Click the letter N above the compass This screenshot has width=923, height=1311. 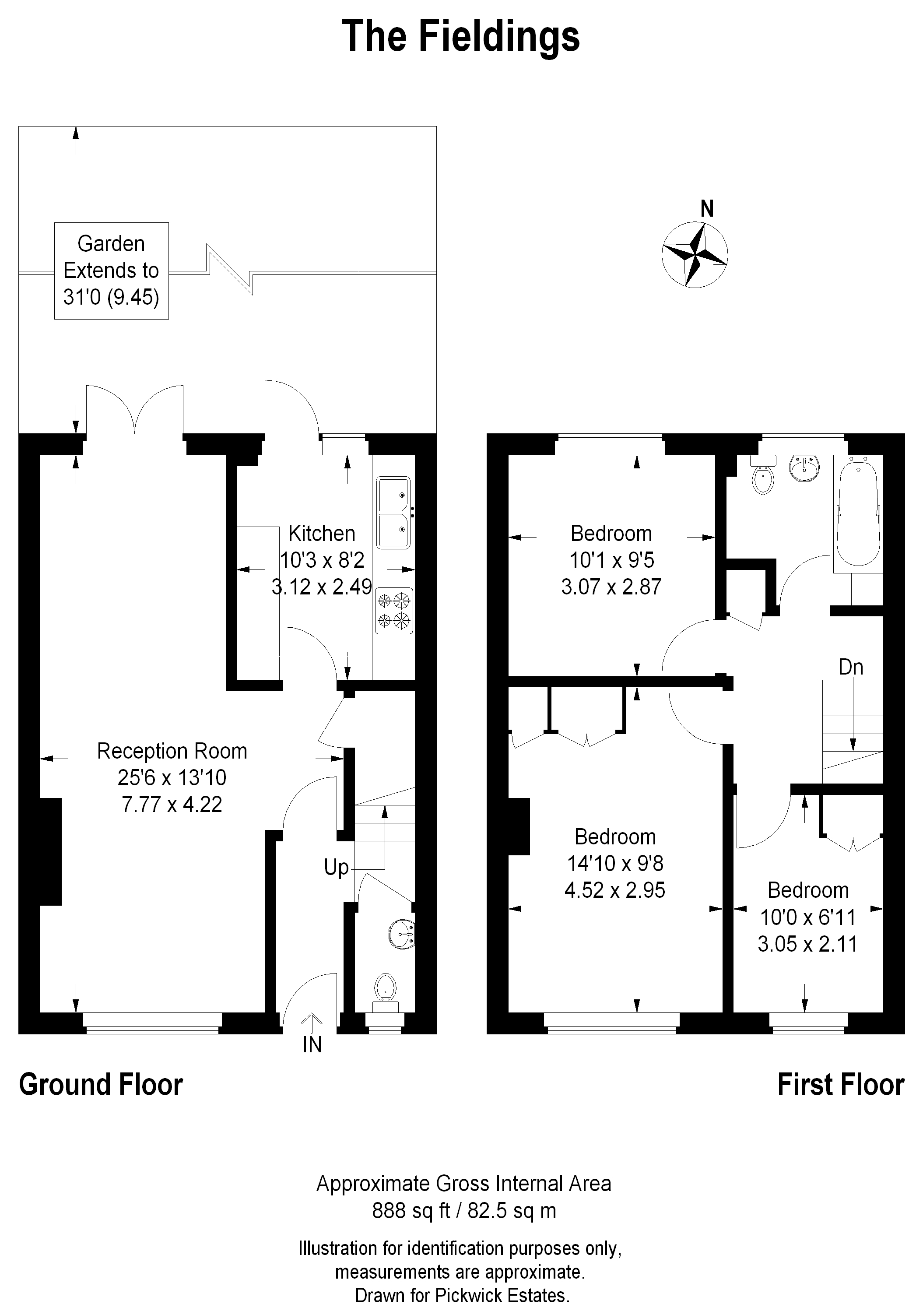(707, 209)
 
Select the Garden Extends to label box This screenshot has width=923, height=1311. (111, 271)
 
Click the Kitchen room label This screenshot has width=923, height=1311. (322, 533)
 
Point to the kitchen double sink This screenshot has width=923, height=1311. (393, 513)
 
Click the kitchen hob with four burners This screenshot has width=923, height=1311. (394, 610)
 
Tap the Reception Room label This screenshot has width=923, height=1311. (172, 751)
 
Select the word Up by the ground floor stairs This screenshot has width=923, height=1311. (336, 867)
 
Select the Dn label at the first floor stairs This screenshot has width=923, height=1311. (850, 667)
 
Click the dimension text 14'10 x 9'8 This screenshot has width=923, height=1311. (615, 863)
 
